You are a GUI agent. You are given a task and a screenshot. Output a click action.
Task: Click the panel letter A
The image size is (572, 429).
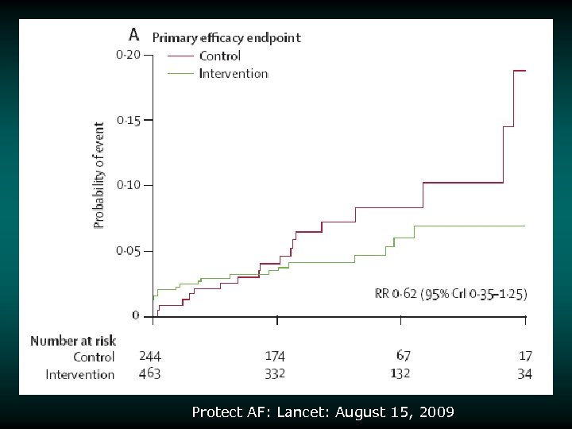tap(134, 34)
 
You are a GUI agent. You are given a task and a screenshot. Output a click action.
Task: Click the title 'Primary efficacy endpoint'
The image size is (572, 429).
tap(226, 37)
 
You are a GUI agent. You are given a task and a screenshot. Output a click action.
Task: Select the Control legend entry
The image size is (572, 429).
tap(219, 56)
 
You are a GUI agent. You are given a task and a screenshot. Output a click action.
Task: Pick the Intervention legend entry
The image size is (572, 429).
tap(233, 73)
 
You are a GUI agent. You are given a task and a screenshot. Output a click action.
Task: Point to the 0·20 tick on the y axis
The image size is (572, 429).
tap(128, 55)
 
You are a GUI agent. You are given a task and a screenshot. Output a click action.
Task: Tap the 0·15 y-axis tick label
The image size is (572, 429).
tap(128, 120)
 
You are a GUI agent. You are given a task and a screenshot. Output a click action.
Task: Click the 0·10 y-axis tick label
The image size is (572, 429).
tap(128, 185)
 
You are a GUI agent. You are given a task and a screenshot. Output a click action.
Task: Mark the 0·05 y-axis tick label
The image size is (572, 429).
tap(128, 251)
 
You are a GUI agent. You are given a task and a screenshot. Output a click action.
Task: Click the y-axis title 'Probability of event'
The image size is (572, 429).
tap(99, 175)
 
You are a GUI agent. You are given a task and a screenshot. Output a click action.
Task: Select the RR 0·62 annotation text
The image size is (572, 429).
tap(450, 294)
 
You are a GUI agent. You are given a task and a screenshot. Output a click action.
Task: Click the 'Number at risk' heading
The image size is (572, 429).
tap(72, 341)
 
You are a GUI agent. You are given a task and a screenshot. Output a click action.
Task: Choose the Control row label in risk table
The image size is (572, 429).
tap(94, 357)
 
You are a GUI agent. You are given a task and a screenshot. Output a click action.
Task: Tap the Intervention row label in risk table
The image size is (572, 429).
tap(80, 374)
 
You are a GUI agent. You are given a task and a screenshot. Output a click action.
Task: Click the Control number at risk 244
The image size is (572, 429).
tap(149, 357)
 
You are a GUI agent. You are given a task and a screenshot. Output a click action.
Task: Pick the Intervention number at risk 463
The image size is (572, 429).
tap(149, 373)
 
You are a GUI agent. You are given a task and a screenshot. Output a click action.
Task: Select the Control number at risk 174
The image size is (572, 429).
tap(275, 357)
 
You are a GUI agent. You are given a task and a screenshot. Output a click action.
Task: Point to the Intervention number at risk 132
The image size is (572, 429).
tap(403, 373)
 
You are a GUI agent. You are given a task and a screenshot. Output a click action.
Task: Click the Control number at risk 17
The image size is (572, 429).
tap(525, 357)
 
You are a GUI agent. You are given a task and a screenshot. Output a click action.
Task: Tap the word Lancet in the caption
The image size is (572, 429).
tap(312, 412)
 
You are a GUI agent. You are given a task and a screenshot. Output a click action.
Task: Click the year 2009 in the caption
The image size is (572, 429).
tap(439, 412)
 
